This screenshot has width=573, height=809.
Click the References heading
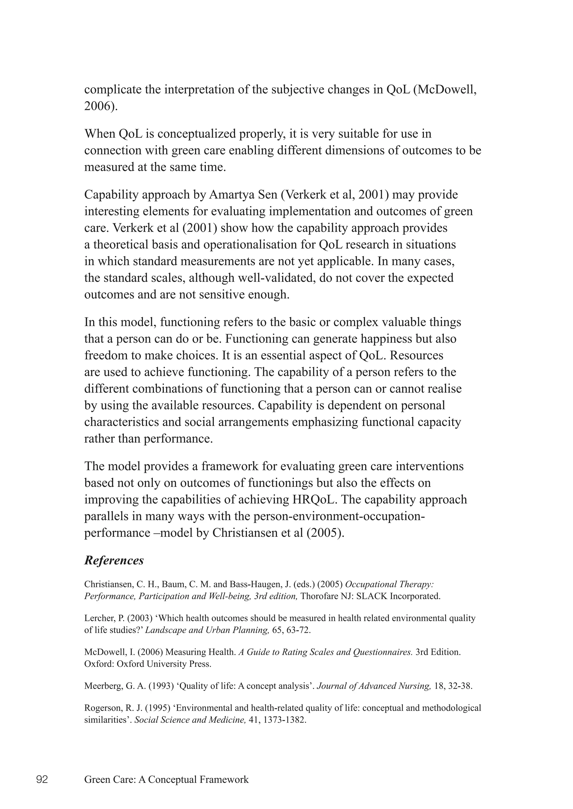114,560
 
